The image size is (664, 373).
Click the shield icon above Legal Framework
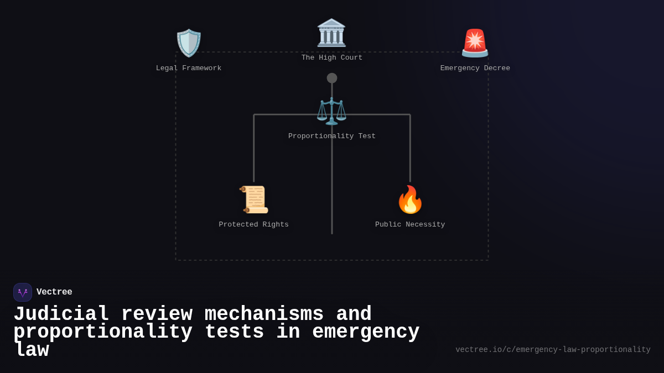click(x=189, y=43)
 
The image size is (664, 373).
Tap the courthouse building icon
click(x=331, y=33)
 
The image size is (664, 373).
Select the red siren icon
click(x=475, y=43)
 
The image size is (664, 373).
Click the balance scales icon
click(x=331, y=111)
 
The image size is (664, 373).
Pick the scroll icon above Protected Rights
click(x=254, y=199)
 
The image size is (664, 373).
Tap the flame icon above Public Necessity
click(x=410, y=199)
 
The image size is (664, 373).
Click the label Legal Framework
click(x=189, y=69)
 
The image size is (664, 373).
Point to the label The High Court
click(x=332, y=58)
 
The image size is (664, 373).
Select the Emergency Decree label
click(x=475, y=69)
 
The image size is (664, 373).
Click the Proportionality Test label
click(x=332, y=136)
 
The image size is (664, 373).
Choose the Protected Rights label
click(x=254, y=225)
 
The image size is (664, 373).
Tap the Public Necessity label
click(x=410, y=225)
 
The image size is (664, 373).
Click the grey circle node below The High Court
click(x=332, y=78)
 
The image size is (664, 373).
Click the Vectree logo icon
click(x=23, y=292)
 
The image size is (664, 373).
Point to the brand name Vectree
click(x=54, y=292)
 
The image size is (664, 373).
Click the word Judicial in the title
click(x=61, y=314)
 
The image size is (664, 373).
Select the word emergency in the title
click(x=366, y=332)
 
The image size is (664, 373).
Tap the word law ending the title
click(x=32, y=350)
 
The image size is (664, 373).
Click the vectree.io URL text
click(x=553, y=350)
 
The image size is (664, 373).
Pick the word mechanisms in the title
click(x=264, y=314)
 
